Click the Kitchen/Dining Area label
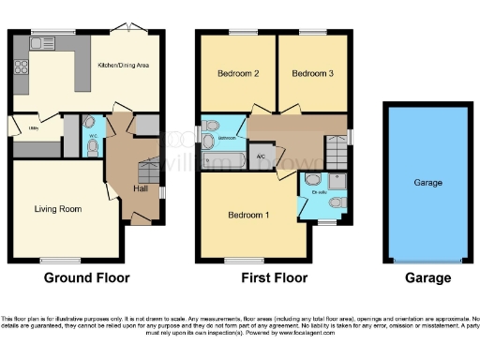(125, 66)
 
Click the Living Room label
(57, 208)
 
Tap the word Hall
(139, 188)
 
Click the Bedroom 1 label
(248, 216)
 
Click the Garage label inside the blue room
(427, 184)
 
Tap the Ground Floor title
(86, 277)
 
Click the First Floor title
(272, 277)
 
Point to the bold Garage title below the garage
(427, 277)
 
